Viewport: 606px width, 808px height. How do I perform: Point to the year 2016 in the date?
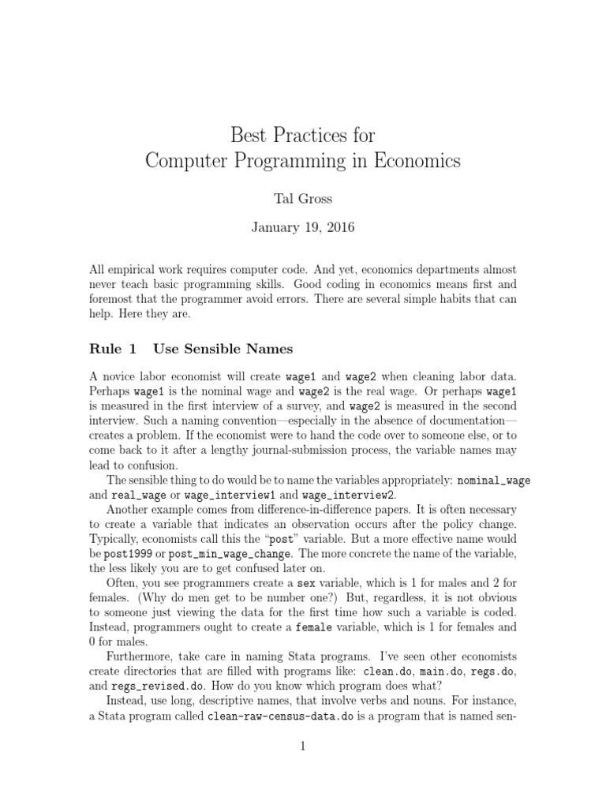click(339, 228)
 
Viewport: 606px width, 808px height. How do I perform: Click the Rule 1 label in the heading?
click(114, 348)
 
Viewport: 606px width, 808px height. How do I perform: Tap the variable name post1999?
click(131, 556)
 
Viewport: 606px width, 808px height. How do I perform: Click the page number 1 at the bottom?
click(302, 770)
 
